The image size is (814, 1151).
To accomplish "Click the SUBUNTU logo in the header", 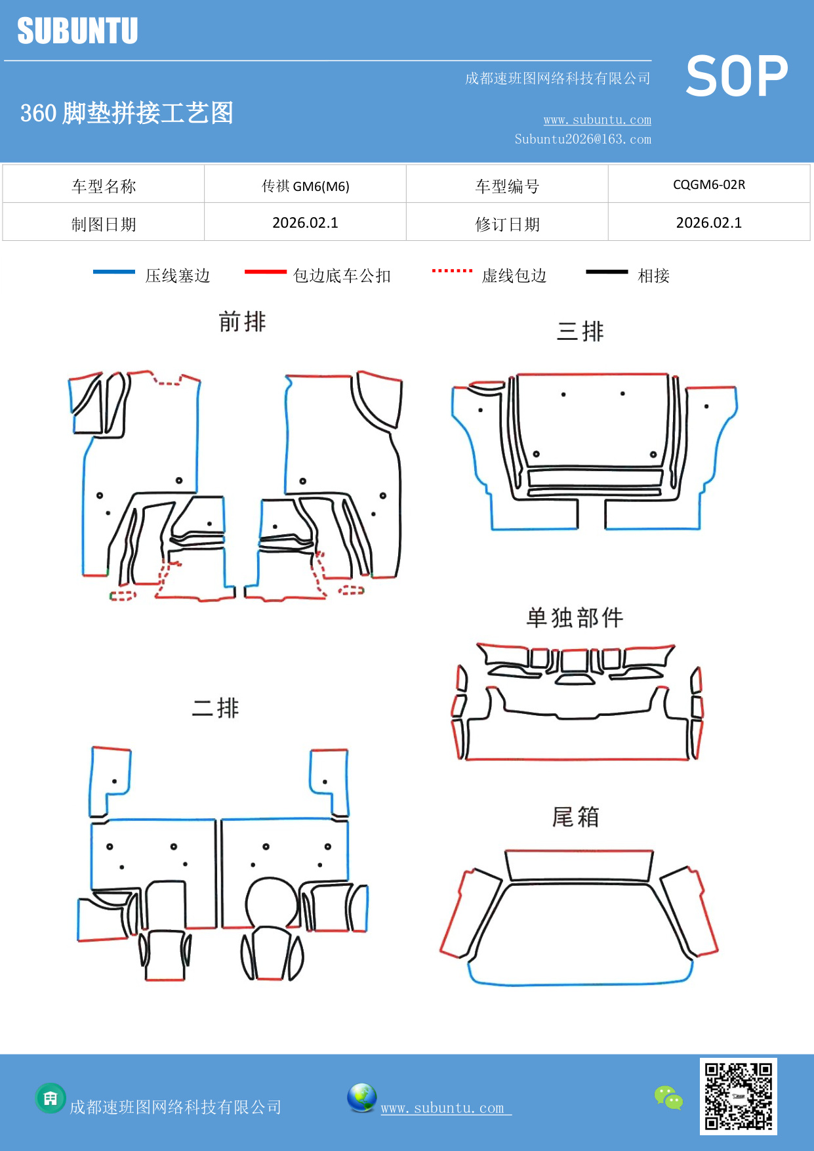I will tap(77, 31).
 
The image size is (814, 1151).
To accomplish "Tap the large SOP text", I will tap(737, 76).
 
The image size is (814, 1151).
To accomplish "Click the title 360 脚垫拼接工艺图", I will tap(127, 113).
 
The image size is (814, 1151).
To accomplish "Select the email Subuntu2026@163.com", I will tap(582, 139).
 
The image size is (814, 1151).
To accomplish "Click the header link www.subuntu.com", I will tap(597, 119).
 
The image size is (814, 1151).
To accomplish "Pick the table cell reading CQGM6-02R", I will tap(709, 184).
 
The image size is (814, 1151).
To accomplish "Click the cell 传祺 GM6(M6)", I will tap(305, 186).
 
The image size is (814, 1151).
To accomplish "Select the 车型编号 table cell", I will tap(507, 186).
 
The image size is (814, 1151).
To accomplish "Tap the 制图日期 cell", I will tap(104, 224).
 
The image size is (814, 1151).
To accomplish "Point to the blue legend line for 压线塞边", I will tap(114, 272).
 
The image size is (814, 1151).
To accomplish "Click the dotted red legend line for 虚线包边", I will tap(452, 270).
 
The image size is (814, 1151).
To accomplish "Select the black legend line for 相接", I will tap(607, 272).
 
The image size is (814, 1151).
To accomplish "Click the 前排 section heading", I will tap(242, 322).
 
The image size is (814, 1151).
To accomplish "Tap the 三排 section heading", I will tap(580, 331).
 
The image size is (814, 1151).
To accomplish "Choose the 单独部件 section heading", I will tap(575, 617).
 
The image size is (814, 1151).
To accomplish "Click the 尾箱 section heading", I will tap(575, 816).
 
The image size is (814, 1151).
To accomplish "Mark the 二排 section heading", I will tap(215, 707).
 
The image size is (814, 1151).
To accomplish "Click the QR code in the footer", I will tap(738, 1096).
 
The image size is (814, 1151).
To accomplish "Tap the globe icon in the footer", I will tap(361, 1098).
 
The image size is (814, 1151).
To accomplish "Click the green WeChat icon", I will tap(668, 1097).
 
